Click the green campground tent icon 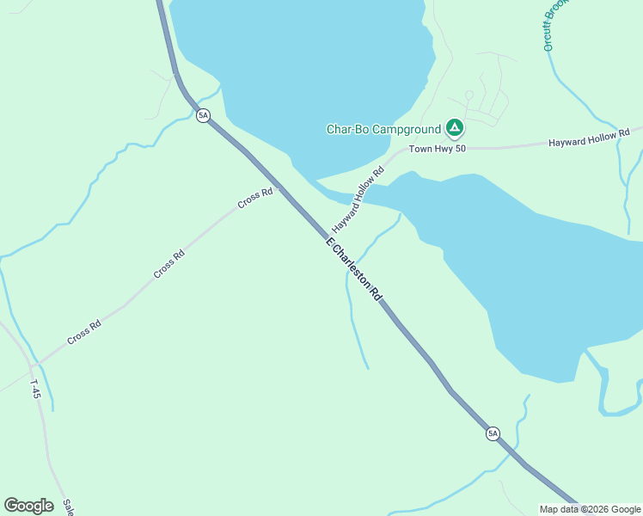[455, 130]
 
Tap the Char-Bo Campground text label [383, 130]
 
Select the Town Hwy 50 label [437, 150]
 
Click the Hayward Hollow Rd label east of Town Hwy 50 [584, 140]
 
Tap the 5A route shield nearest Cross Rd [203, 115]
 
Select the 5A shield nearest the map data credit [492, 433]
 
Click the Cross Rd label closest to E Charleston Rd [255, 198]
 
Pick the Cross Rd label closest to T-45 [84, 332]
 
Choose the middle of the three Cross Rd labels [169, 264]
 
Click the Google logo [28, 506]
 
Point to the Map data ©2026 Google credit [591, 509]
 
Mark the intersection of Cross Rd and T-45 [37, 363]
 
